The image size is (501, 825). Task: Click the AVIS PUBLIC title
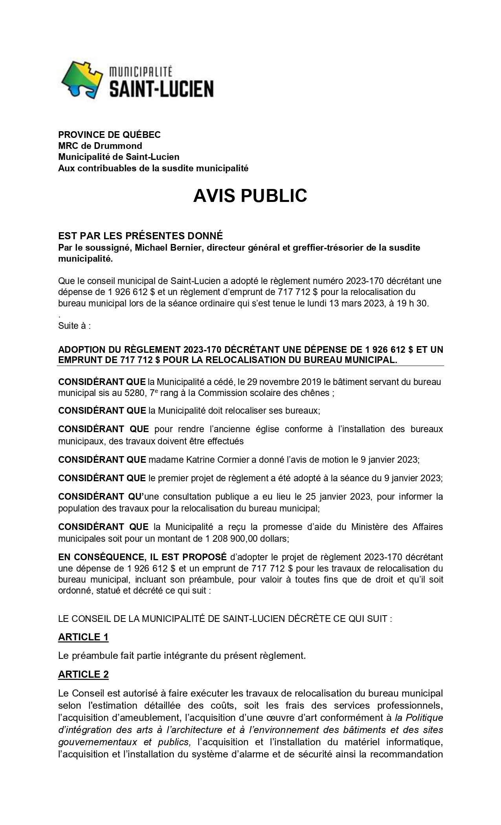coord(250,196)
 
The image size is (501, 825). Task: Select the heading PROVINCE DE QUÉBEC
coord(109,135)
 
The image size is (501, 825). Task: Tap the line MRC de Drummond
coord(100,146)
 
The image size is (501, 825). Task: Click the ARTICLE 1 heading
coord(83,637)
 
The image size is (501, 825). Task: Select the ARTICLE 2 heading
coord(83,675)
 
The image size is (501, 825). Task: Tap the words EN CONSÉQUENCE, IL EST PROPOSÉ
coord(142,557)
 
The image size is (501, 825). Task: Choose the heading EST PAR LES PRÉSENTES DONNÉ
coord(140,236)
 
